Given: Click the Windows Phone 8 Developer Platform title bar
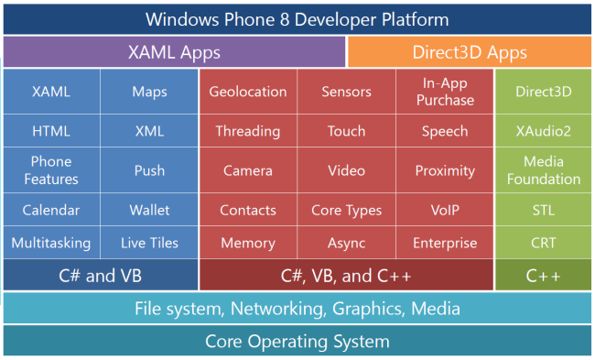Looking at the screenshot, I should point(297,18).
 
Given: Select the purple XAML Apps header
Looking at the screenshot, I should point(174,52).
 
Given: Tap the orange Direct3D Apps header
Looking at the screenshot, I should point(469,52).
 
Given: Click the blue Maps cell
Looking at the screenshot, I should point(149,92).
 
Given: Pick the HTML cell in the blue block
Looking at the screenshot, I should point(51,131).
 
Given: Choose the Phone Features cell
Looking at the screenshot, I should point(51,170).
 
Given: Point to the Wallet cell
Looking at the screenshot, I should point(149,210).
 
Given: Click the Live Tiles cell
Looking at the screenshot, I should point(149,243).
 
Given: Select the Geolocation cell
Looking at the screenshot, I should point(247,92).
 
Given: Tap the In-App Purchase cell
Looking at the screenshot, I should point(445,92).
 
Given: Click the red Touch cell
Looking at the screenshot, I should point(346,131).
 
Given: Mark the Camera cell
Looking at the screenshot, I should point(247,170).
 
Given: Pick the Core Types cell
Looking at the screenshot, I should point(346,210).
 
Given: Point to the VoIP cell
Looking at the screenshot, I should point(445,210).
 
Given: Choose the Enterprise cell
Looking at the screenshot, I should point(445,243).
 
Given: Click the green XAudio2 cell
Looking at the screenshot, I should point(543,131).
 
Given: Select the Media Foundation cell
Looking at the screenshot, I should point(543,170).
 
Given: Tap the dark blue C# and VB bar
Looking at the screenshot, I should point(101,275).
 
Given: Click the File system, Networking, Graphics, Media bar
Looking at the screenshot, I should point(297,309).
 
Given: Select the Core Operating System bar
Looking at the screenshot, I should point(297,342).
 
